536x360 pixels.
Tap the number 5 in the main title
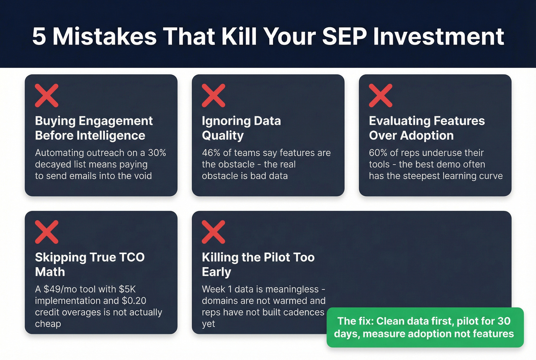tap(39, 36)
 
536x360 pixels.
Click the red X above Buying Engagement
tap(47, 95)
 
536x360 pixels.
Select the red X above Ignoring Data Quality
tap(214, 95)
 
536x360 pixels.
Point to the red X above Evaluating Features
tap(381, 95)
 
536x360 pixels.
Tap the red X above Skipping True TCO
tap(47, 232)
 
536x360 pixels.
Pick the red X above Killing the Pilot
tap(214, 232)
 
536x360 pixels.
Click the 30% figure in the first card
tap(157, 153)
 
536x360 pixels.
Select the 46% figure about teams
tap(211, 153)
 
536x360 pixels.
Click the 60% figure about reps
tap(378, 153)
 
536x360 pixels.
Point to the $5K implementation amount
tap(127, 289)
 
